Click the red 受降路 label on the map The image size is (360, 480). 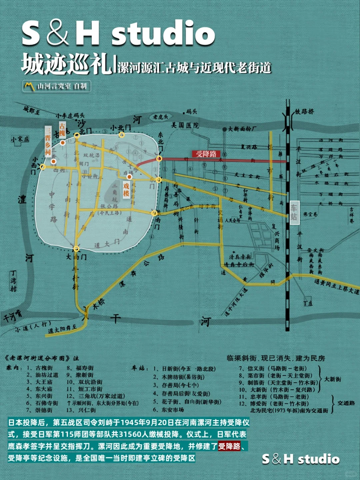click(x=206, y=154)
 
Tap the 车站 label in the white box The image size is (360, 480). click(x=294, y=213)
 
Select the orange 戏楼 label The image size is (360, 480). click(x=126, y=190)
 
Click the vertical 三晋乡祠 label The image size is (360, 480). click(x=48, y=140)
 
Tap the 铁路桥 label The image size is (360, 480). click(x=304, y=112)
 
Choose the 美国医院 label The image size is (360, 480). click(x=185, y=125)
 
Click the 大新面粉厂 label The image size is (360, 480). click(x=242, y=129)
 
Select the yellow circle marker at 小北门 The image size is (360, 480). click(x=122, y=135)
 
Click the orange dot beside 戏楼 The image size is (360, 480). click(x=129, y=177)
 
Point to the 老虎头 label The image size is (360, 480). click(x=161, y=117)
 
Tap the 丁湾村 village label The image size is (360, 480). click(x=13, y=281)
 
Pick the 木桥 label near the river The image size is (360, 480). click(x=99, y=304)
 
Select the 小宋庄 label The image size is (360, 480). click(x=20, y=139)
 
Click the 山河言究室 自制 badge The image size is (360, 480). click(x=57, y=86)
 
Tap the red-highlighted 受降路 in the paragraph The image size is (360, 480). click(x=229, y=446)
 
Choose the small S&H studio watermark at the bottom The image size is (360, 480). click(x=301, y=459)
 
